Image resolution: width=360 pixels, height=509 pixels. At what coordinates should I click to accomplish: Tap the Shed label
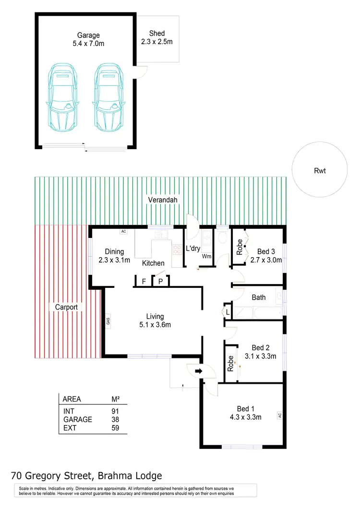point(157,33)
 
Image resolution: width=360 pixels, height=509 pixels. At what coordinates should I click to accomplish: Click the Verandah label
point(160,199)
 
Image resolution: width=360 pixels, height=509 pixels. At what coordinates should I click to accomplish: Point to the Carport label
point(66,307)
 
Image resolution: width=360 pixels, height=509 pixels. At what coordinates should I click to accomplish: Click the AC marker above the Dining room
point(123,231)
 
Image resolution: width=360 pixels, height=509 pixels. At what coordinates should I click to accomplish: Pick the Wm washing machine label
point(207,257)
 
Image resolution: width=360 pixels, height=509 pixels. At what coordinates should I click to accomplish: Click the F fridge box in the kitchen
point(144,282)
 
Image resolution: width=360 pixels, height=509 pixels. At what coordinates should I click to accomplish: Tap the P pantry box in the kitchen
point(160,282)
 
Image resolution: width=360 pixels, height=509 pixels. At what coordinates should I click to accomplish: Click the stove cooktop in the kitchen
point(176,250)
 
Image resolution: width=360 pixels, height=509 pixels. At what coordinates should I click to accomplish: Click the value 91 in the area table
point(115,411)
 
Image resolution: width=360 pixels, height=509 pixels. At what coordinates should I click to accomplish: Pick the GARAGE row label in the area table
point(77,419)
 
